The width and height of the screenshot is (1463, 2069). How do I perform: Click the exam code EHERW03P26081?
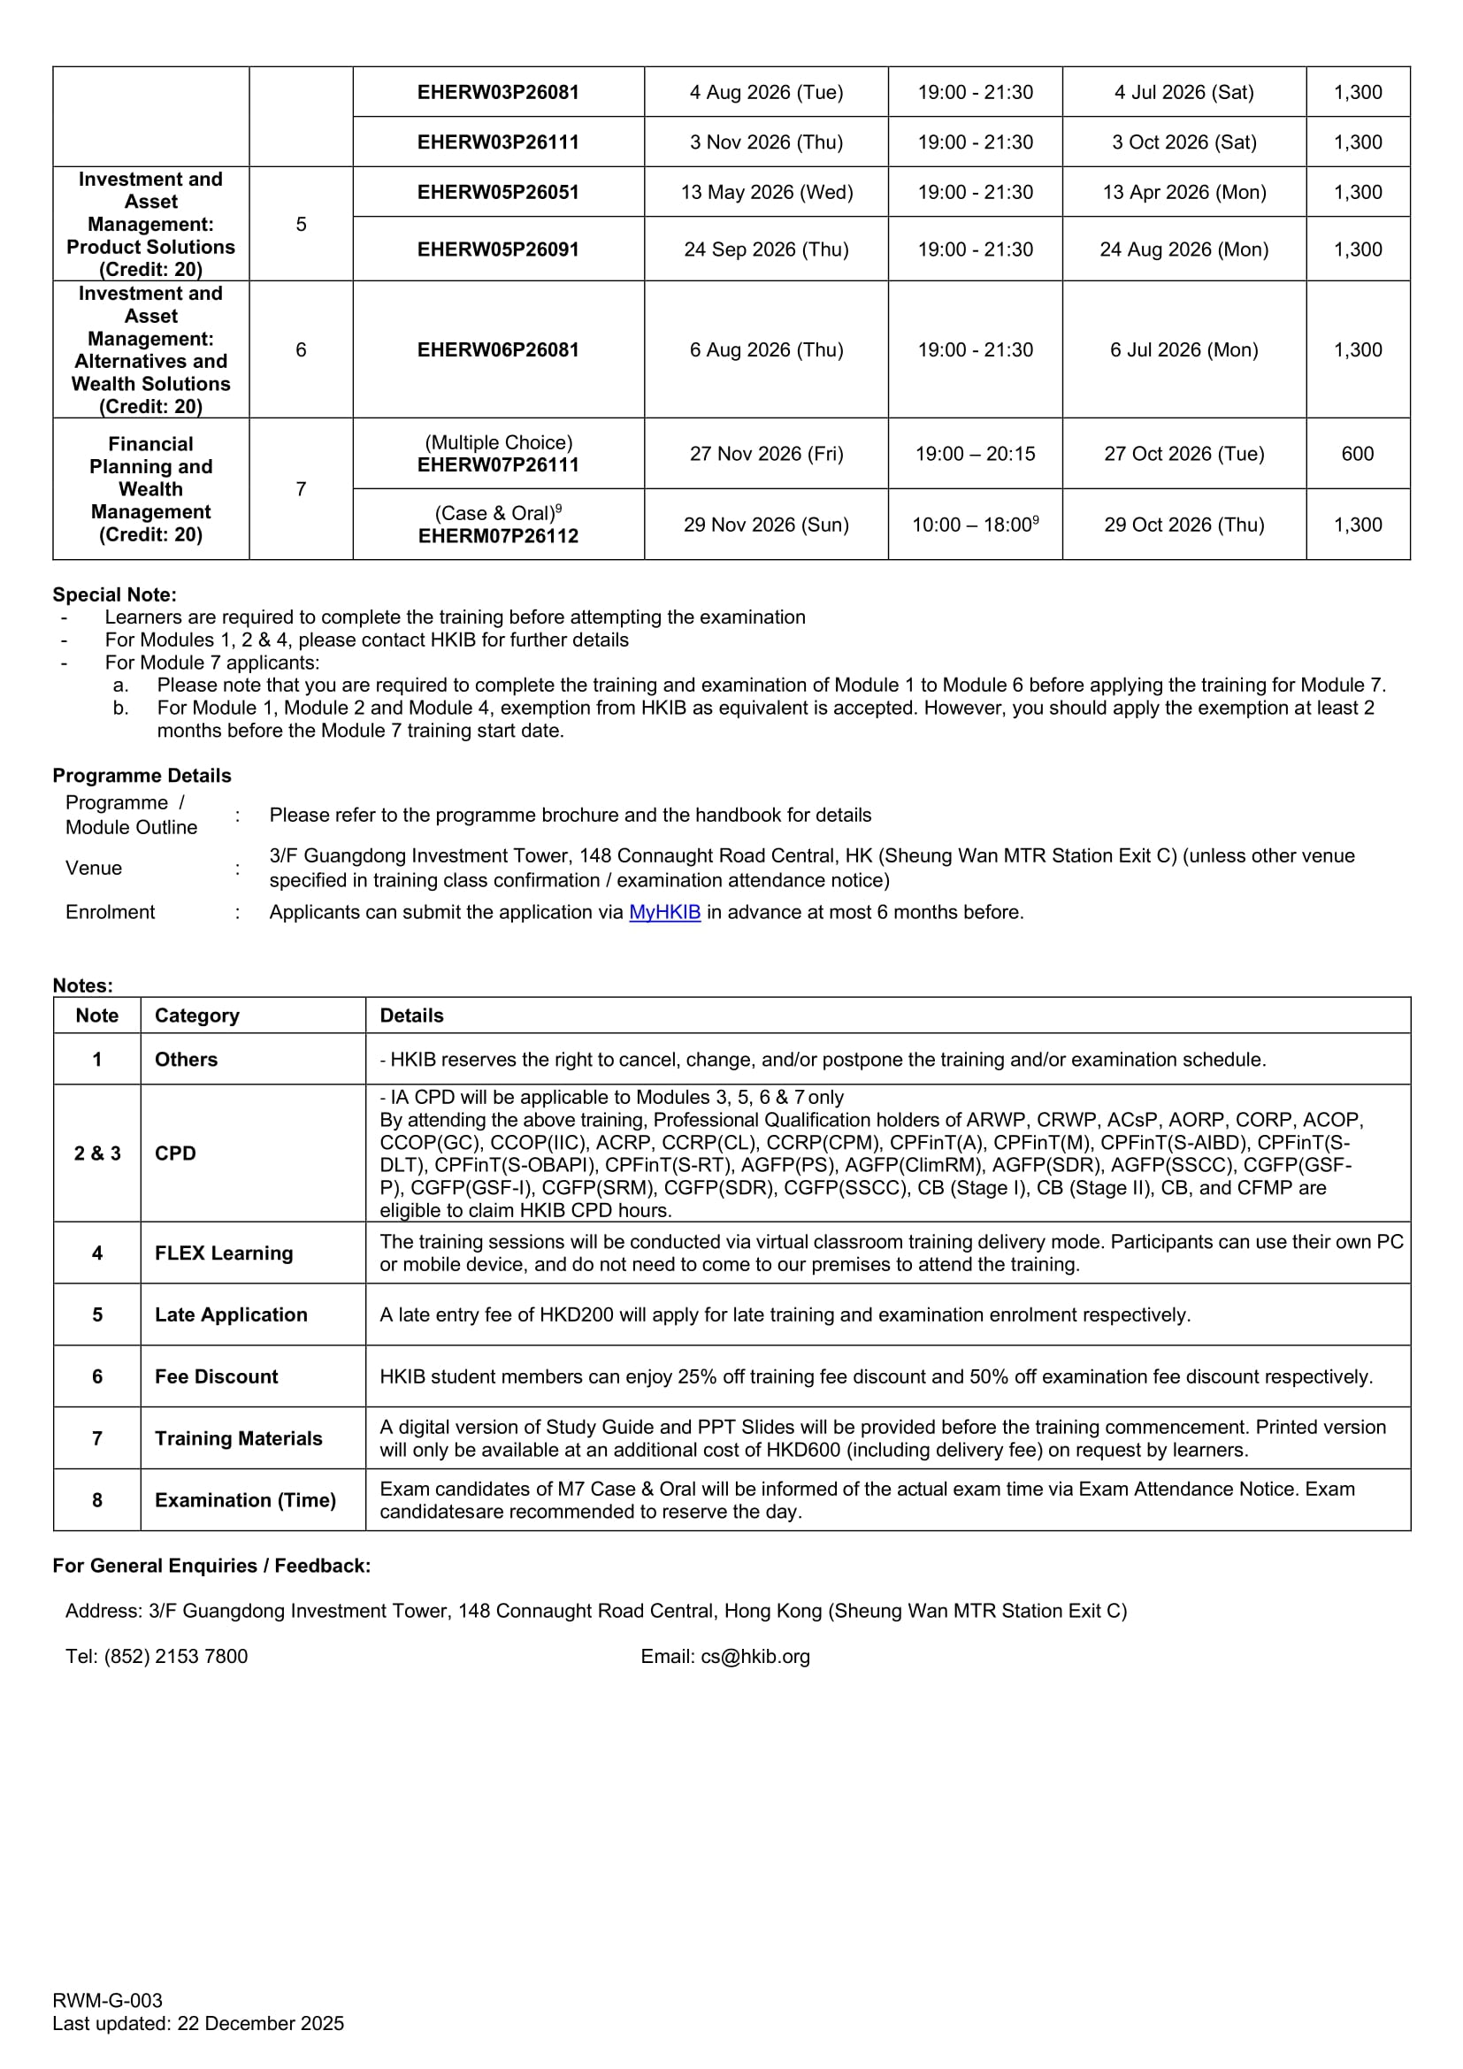497,92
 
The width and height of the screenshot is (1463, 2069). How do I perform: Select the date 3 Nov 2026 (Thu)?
766,142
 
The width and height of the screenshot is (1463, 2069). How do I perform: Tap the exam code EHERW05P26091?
497,249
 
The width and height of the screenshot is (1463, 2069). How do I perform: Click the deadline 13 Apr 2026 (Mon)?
1183,192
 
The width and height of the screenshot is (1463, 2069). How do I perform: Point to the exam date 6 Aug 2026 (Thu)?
766,349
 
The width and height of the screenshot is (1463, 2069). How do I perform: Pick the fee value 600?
1357,453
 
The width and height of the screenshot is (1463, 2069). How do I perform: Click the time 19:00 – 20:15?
975,453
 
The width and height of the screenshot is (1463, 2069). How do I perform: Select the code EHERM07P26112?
497,536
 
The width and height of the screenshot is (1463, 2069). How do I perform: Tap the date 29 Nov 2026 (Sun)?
766,525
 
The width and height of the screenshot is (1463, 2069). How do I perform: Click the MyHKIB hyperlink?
664,912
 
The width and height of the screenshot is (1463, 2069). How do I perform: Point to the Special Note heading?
114,594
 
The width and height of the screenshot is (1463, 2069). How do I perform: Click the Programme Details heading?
142,776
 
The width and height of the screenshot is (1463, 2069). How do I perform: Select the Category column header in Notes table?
197,1015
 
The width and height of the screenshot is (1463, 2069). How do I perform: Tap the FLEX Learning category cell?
224,1253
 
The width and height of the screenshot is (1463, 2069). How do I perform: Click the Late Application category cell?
231,1314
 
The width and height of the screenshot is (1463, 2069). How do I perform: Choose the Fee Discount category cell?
216,1376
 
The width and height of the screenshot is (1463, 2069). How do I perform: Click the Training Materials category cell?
238,1438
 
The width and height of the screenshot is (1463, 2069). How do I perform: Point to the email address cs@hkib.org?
754,1656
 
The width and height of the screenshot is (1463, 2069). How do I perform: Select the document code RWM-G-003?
107,2001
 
